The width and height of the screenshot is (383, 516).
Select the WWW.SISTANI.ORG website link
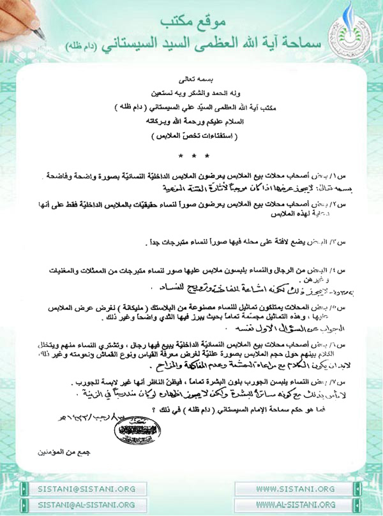(295, 489)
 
